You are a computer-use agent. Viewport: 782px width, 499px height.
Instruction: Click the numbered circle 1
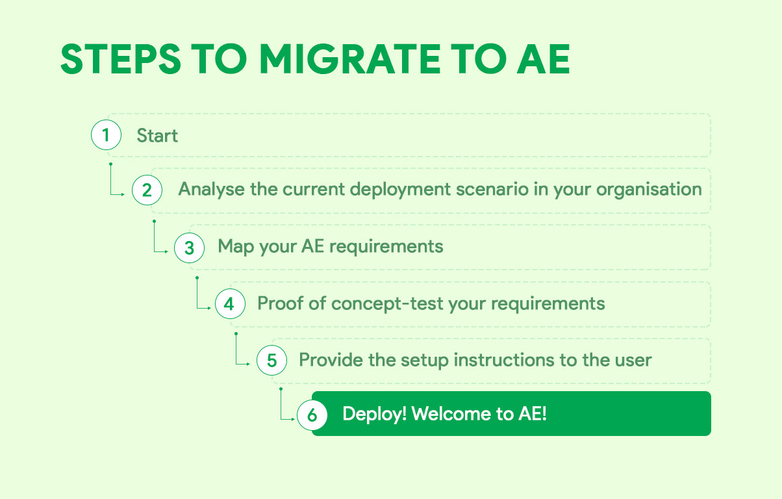[x=107, y=135]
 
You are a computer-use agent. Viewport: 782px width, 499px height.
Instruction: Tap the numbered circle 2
[x=147, y=190]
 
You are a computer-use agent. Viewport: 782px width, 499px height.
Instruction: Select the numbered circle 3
[x=189, y=247]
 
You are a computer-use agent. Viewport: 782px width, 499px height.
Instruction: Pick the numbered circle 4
[x=229, y=303]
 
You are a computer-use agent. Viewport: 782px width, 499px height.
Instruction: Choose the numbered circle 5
[x=271, y=360]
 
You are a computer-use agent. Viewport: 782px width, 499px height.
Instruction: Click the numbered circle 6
[x=312, y=415]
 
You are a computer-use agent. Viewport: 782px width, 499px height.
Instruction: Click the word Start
[x=157, y=136]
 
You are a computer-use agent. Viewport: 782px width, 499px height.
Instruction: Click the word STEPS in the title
[x=120, y=60]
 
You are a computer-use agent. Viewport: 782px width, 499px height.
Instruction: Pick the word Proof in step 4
[x=281, y=303]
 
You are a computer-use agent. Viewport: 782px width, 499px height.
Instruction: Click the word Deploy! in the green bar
[x=375, y=414]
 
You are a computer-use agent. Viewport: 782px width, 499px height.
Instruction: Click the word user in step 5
[x=633, y=359]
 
